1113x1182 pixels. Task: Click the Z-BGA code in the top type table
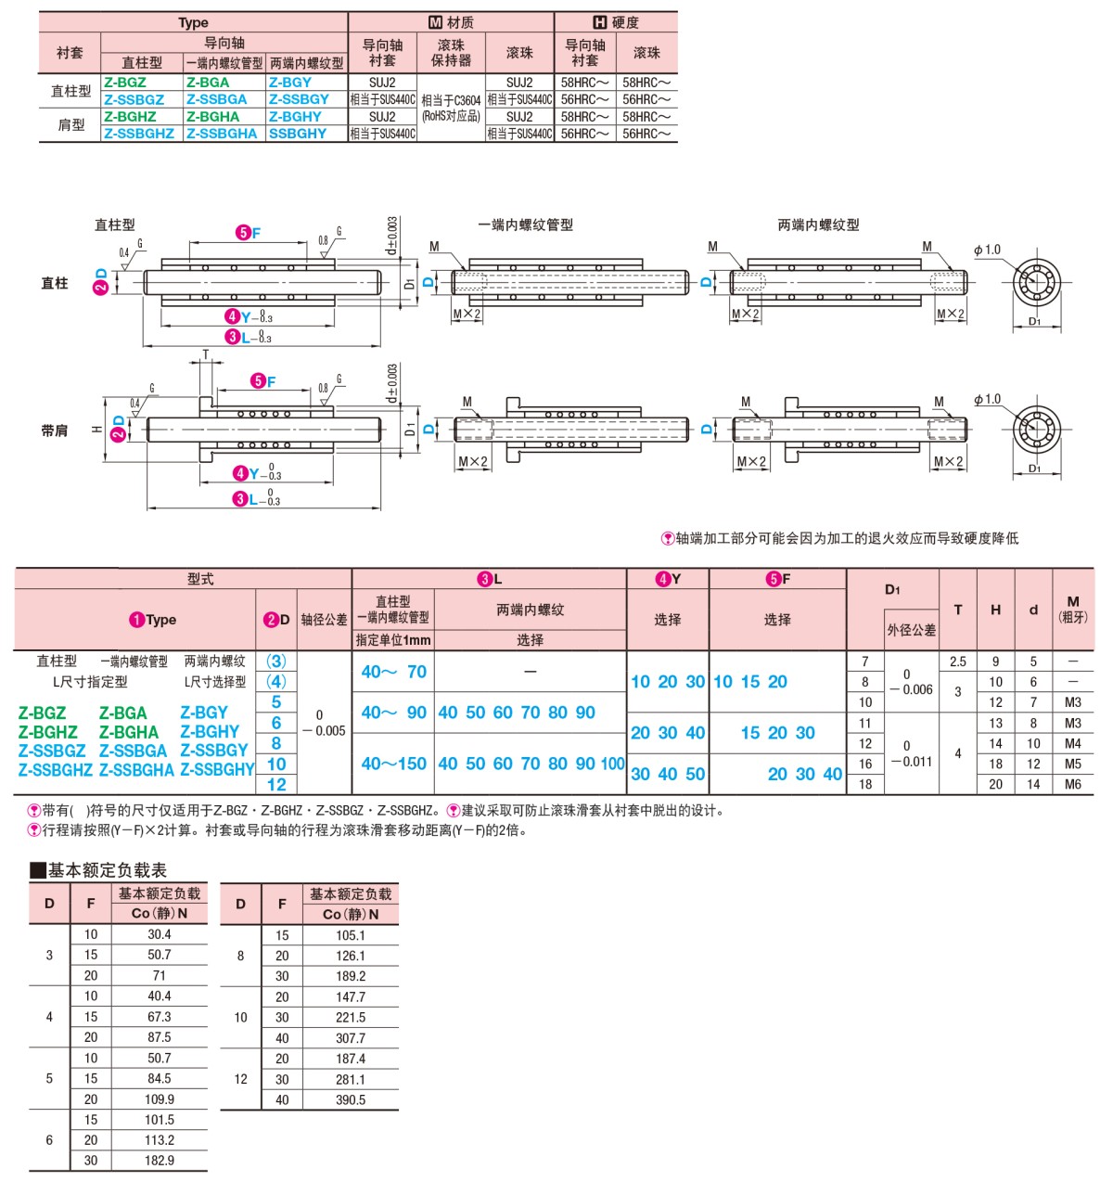coord(207,83)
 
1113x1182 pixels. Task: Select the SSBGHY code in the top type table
coord(298,134)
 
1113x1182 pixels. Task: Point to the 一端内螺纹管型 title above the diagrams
coord(526,225)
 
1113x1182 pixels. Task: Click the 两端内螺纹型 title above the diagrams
coord(818,225)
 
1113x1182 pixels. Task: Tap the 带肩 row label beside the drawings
coord(54,430)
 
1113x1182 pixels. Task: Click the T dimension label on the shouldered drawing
coord(206,354)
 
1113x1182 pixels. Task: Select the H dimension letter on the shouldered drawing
coord(96,430)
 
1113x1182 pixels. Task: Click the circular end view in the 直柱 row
coord(1036,281)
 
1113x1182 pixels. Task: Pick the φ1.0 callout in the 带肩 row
coord(988,399)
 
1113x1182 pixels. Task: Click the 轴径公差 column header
coord(324,620)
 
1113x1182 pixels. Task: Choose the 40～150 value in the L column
coord(393,764)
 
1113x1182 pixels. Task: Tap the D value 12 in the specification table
coord(276,784)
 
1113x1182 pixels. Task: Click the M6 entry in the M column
coord(1072,784)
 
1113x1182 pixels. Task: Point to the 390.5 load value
coord(350,1099)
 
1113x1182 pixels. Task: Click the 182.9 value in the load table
coord(159,1160)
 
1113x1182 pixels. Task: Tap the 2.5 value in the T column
coord(958,662)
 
